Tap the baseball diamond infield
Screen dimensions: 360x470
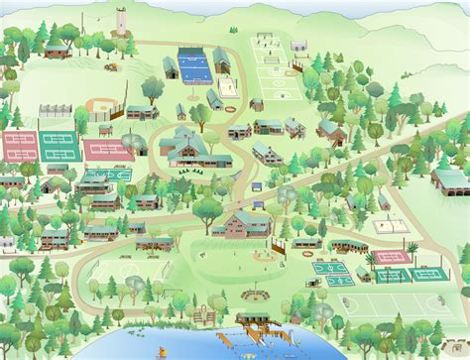tap(103, 105)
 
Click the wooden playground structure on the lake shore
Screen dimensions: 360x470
tap(205, 313)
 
